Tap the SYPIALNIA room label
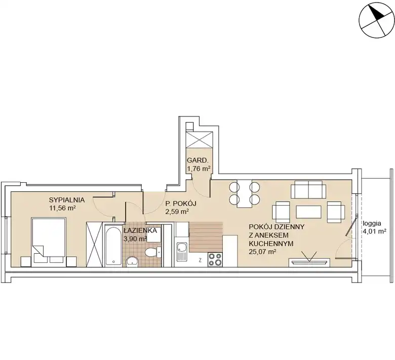point(67,200)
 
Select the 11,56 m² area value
point(63,208)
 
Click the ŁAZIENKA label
point(140,230)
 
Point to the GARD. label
point(197,161)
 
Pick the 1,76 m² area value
point(199,169)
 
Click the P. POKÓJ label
point(181,204)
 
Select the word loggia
point(372,223)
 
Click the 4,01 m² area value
point(375,231)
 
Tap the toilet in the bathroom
point(153,252)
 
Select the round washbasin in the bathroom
point(132,262)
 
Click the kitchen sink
point(182,252)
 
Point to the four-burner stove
point(215,259)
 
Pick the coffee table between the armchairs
point(308,212)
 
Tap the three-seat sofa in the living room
point(308,189)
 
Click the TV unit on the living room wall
point(309,262)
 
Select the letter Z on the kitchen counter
point(200,260)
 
